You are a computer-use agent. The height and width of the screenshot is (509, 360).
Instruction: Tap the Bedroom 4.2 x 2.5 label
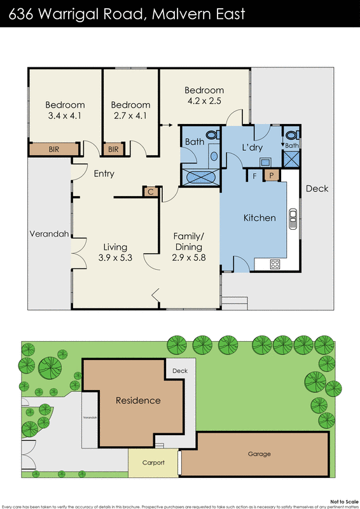point(204,95)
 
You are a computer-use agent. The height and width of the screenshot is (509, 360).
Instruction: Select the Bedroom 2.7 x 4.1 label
point(130,110)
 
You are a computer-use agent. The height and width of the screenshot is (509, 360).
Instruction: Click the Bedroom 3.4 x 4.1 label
point(65,110)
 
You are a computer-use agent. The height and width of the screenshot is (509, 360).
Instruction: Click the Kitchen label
point(260,218)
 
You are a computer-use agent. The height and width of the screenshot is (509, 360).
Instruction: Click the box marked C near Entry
point(151,192)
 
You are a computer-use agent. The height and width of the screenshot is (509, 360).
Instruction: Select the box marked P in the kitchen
point(272,175)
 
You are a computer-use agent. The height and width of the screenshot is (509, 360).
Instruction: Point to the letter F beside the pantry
point(255,175)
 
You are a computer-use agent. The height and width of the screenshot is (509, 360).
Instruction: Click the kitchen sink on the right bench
point(293,218)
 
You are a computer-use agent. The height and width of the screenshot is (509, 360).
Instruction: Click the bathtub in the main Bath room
point(200,177)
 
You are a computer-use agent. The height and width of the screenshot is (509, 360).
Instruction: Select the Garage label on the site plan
point(259,454)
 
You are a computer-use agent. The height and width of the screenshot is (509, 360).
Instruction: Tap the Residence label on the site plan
point(137,401)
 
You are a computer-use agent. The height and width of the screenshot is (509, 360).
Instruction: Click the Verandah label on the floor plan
point(49,234)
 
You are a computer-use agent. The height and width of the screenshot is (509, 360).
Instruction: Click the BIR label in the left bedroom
point(55,150)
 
